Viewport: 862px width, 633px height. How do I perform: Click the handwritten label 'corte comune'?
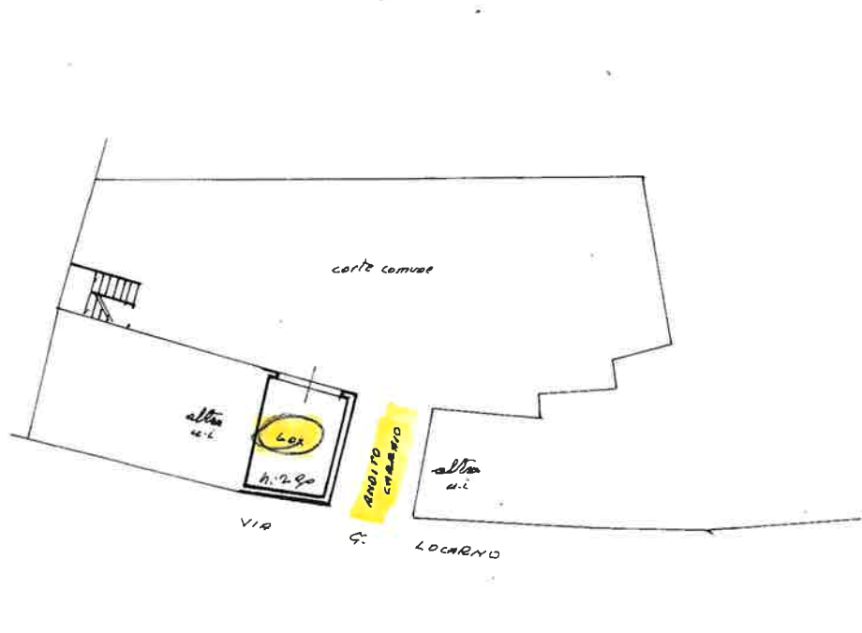382,269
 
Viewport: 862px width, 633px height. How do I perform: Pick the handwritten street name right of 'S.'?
455,550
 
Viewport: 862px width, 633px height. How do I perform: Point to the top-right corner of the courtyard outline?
645,177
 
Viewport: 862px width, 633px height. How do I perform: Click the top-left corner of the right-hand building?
432,408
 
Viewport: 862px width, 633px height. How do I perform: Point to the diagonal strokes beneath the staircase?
98,306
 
